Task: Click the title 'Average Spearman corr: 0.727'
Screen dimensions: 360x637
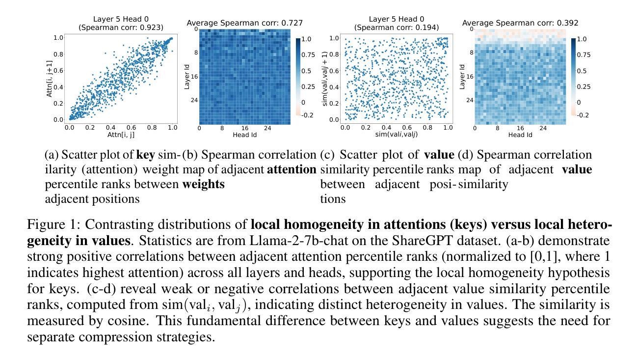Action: tap(244, 23)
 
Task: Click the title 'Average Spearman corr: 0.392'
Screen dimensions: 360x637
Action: tap(520, 23)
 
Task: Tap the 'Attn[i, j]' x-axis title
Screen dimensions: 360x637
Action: tap(120, 135)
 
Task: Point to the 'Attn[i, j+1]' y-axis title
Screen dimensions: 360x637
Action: tap(50, 79)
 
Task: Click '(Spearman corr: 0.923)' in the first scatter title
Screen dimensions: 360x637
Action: tap(121, 28)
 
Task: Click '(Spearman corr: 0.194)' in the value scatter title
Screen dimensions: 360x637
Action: tap(397, 28)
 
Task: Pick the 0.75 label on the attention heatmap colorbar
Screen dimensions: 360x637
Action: tap(308, 55)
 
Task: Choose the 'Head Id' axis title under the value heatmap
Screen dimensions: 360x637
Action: tap(520, 135)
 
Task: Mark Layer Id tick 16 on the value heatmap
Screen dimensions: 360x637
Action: tap(470, 77)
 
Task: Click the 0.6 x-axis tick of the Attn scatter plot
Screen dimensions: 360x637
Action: tap(132, 127)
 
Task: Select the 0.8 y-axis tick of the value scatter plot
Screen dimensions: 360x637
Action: tap(334, 55)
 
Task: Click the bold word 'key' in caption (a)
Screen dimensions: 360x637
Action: tap(145, 155)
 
